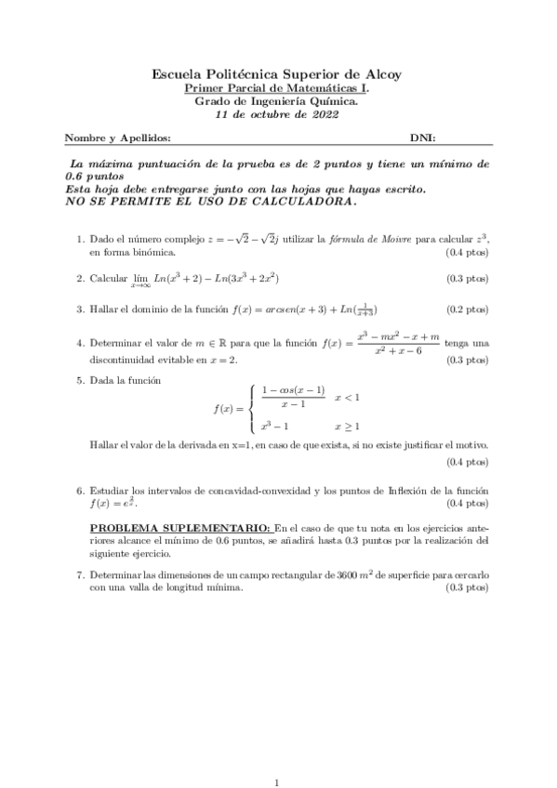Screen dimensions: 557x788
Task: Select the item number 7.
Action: [x=80, y=576]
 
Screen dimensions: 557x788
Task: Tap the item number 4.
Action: [x=80, y=344]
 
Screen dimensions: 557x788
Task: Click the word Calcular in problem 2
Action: [x=108, y=278]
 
